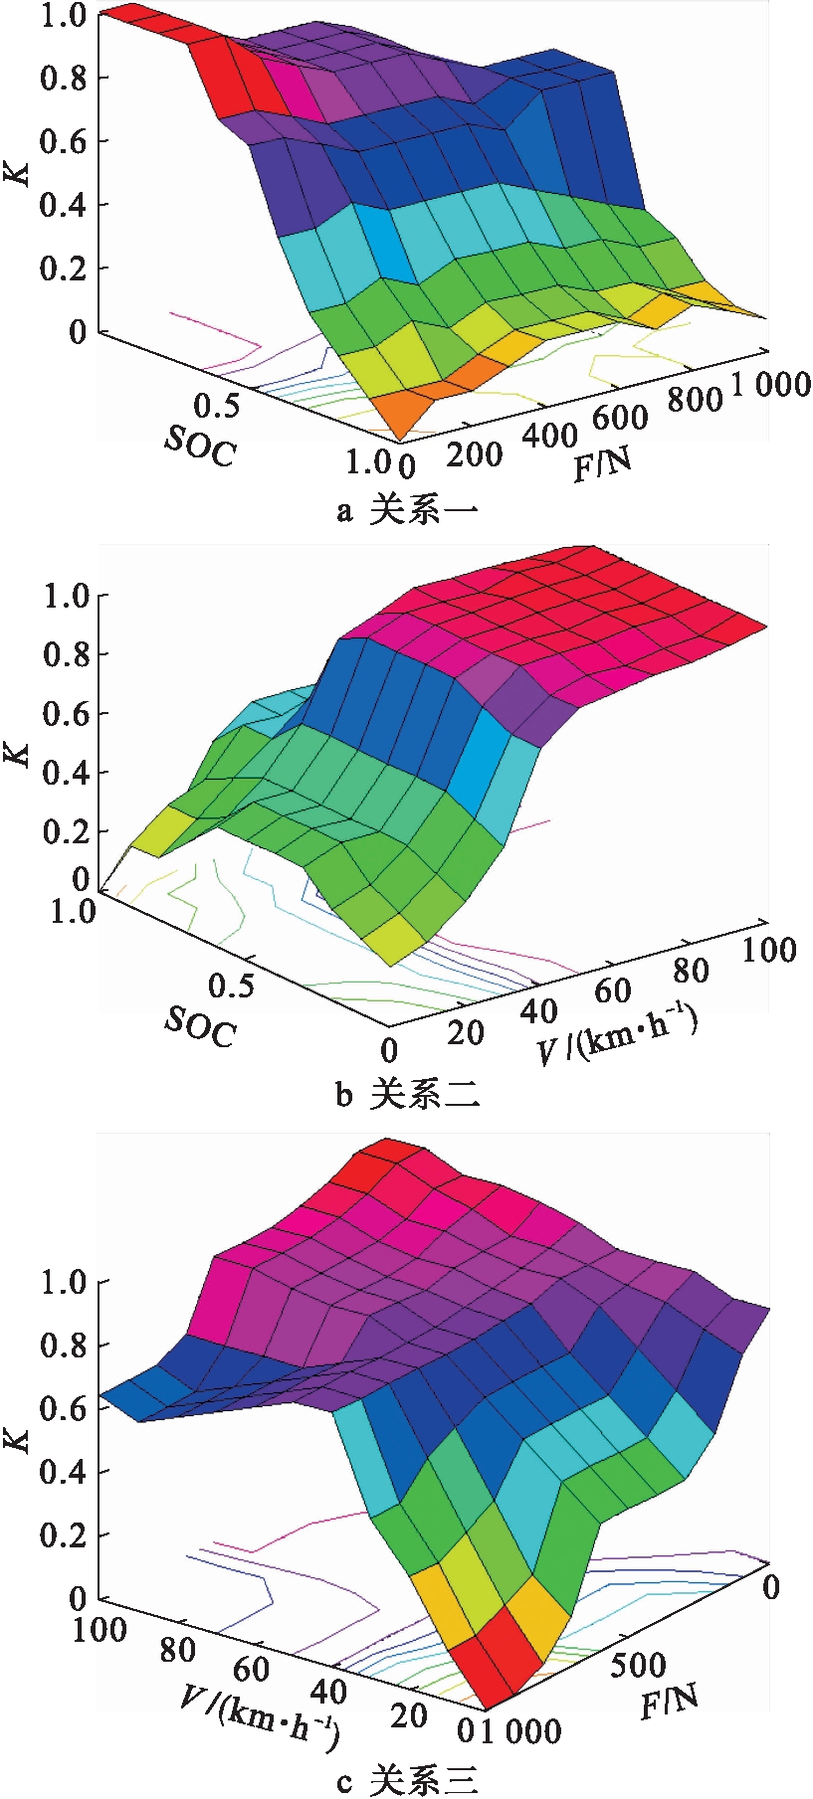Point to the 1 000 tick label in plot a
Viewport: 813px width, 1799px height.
[771, 385]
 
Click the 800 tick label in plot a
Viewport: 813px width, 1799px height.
[695, 399]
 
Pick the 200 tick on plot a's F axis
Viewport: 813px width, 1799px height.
[475, 454]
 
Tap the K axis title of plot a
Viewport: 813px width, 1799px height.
[17, 171]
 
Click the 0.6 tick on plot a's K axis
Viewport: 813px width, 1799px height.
[61, 141]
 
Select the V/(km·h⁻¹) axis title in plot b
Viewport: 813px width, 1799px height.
[617, 1034]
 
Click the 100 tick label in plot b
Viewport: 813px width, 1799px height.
[769, 950]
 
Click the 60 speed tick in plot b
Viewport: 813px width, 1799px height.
[613, 990]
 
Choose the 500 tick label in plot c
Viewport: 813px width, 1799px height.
[638, 1664]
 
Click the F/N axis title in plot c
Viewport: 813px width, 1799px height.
[668, 1702]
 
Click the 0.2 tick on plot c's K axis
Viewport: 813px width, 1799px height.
[61, 1534]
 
